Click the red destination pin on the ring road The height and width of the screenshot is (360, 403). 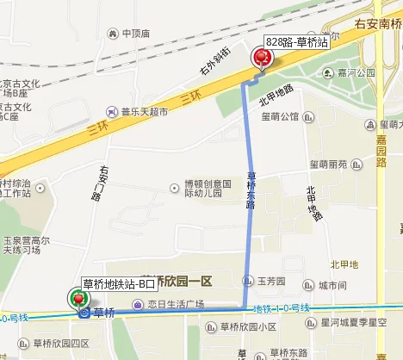point(261,57)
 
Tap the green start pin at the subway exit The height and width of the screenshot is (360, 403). point(79,298)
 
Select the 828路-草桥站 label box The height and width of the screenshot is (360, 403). point(296,41)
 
